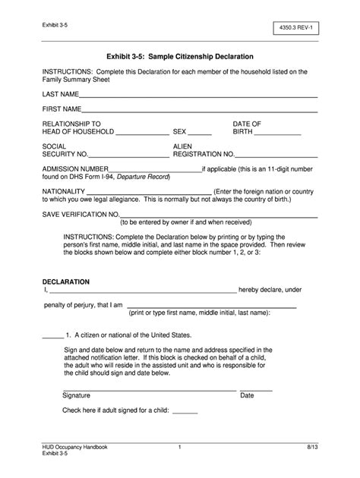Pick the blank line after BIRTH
(x=278, y=134)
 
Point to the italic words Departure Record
(x=144, y=177)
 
